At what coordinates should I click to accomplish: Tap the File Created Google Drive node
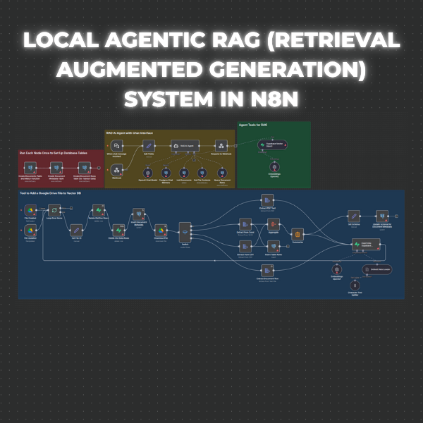point(30,210)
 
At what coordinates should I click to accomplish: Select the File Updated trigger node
point(30,229)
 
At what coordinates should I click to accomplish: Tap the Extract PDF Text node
point(266,200)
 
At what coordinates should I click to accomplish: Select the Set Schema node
point(354,216)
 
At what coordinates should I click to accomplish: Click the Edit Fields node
point(149,144)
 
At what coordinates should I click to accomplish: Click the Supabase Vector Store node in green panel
point(269,145)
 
